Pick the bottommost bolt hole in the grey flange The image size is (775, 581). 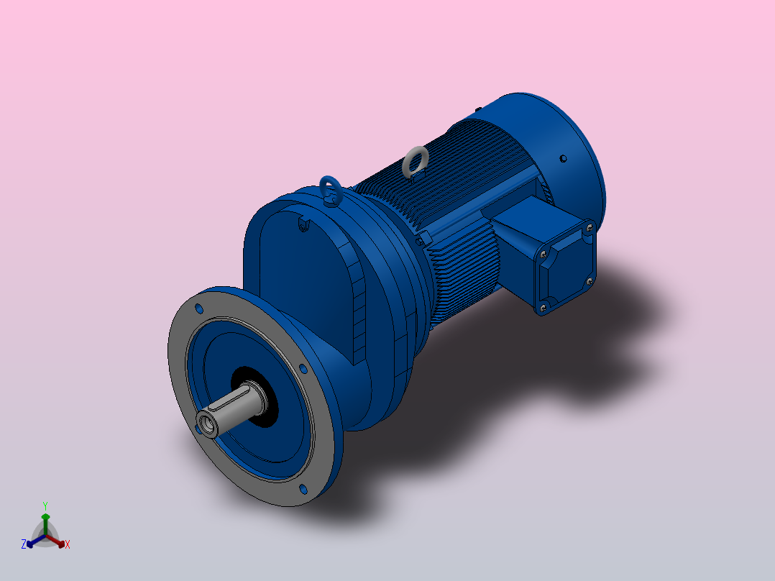tap(302, 489)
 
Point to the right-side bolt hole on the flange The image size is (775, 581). tap(303, 370)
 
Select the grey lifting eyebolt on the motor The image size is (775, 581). tap(415, 162)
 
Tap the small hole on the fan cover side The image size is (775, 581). tap(563, 157)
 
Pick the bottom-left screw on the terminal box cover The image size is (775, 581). tap(542, 308)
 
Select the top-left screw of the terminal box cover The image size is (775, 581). tap(542, 253)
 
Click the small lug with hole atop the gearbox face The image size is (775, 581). tap(303, 226)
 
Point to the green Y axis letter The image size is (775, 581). tap(45, 505)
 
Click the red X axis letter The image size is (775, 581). tap(68, 545)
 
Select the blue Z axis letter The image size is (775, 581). tap(24, 544)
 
